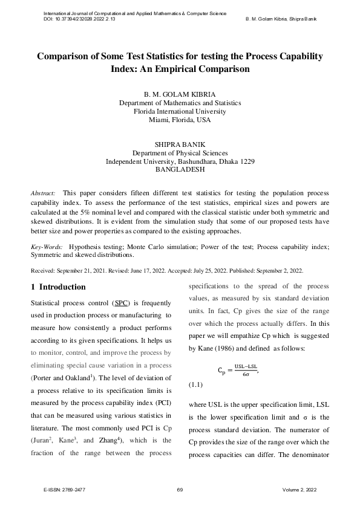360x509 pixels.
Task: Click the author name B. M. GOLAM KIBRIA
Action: coord(180,95)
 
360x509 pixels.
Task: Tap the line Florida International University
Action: coord(180,111)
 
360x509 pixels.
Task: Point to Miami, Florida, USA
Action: coord(180,120)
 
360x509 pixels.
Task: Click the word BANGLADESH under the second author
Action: coord(180,170)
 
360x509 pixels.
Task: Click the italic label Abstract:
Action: coord(44,192)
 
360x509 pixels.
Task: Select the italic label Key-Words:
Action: coord(47,247)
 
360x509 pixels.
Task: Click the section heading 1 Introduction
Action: coord(58,287)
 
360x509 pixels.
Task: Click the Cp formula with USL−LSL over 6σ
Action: coord(242,370)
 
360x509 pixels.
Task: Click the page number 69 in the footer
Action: coord(180,490)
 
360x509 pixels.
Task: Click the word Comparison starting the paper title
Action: coord(65,56)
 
